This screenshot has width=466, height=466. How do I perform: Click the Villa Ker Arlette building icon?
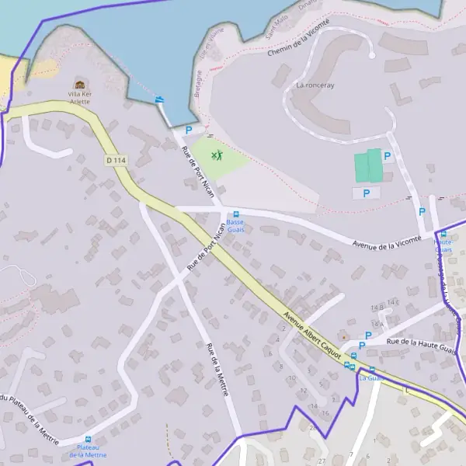tap(79, 84)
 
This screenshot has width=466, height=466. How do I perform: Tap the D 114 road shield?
tap(116, 160)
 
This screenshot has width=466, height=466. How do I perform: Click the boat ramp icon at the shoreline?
tap(160, 99)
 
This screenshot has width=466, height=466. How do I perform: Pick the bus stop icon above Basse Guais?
tap(236, 214)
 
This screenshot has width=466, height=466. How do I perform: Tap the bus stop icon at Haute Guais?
tap(443, 234)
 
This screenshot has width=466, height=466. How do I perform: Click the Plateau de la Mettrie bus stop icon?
tap(88, 440)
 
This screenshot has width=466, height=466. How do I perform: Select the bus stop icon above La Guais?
tap(371, 370)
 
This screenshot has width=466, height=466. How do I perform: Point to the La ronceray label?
tap(315, 85)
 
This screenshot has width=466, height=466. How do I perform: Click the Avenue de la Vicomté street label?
tap(387, 243)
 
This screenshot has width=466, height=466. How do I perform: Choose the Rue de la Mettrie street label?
tap(217, 370)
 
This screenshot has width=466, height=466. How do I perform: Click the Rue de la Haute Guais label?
tap(420, 343)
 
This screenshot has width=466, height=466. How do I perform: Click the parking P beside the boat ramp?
tap(188, 130)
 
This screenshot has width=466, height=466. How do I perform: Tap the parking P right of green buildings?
tap(387, 156)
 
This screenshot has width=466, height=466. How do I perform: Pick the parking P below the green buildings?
tap(366, 192)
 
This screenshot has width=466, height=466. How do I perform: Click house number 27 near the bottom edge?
tap(322, 461)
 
